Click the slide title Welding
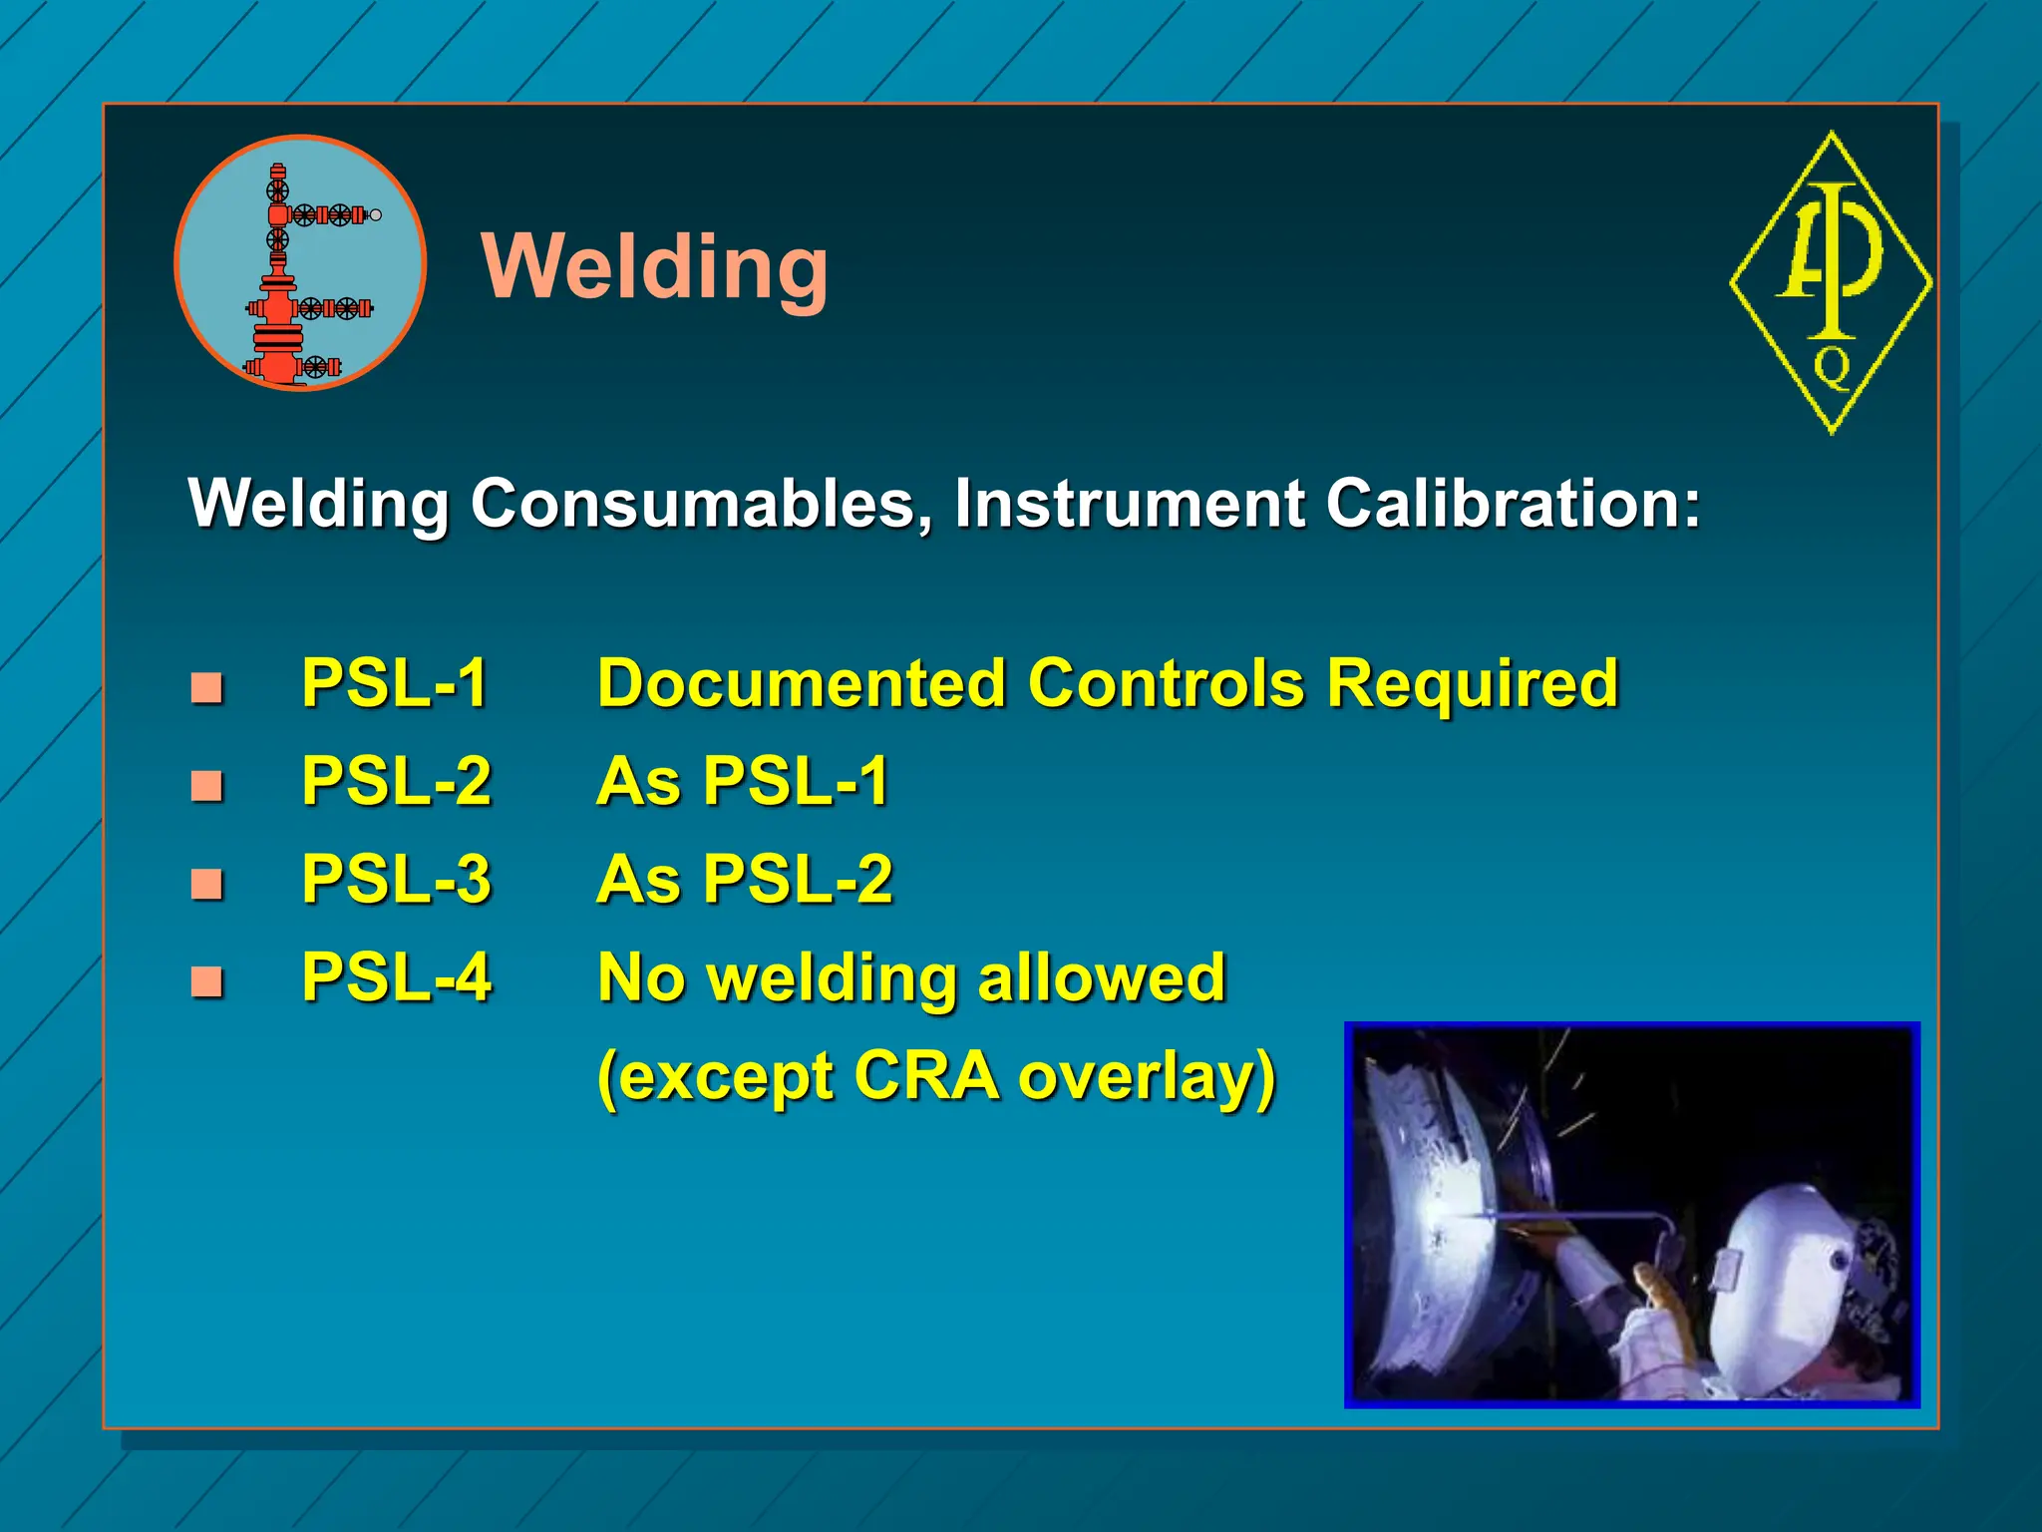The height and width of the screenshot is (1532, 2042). point(654,266)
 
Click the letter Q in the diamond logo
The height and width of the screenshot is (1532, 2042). point(1832,367)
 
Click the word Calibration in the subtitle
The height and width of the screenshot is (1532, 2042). point(1512,503)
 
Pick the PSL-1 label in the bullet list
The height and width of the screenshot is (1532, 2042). point(395,684)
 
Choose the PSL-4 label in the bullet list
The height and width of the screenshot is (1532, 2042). point(396,977)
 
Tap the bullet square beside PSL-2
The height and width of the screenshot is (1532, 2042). point(206,785)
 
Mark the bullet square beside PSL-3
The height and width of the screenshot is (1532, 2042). point(206,883)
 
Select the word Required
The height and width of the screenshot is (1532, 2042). point(1472,684)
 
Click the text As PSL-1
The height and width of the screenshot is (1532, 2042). point(743,781)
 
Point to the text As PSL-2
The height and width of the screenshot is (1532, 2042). point(744,879)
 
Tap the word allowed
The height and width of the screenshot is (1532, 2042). point(1101,977)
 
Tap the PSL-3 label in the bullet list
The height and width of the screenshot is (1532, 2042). point(396,880)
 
